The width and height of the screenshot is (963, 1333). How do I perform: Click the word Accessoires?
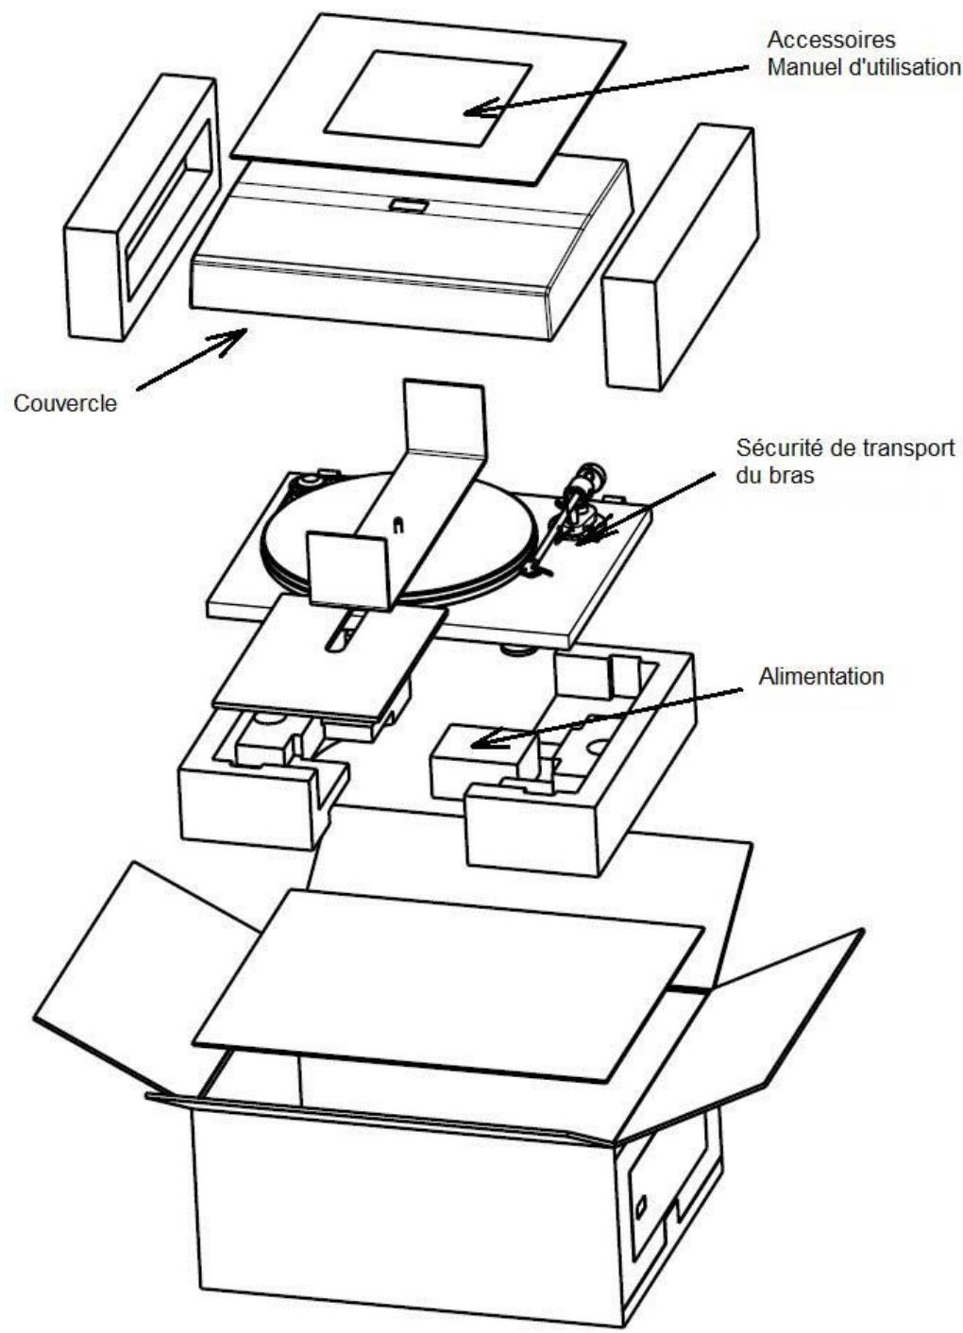pos(831,42)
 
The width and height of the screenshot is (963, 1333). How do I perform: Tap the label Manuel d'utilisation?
pos(864,68)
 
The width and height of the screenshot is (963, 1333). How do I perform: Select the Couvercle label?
pos(65,403)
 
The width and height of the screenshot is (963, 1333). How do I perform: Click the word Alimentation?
pos(820,676)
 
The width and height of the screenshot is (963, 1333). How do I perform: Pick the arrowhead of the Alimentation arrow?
pos(479,741)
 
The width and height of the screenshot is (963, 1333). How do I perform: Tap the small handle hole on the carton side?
pos(641,1206)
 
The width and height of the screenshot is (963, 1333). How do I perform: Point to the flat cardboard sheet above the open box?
pos(448,982)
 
